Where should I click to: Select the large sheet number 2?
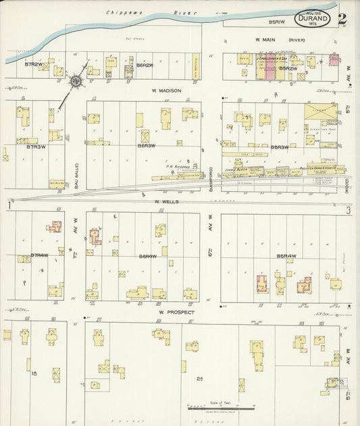click(342, 18)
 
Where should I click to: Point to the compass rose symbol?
click(76, 82)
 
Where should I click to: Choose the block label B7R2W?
click(34, 64)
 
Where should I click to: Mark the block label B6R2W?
click(145, 65)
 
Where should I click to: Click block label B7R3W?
click(35, 146)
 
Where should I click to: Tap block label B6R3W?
click(147, 145)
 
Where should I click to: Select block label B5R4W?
click(286, 256)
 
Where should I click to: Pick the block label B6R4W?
click(147, 257)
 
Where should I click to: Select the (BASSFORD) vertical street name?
click(211, 179)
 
